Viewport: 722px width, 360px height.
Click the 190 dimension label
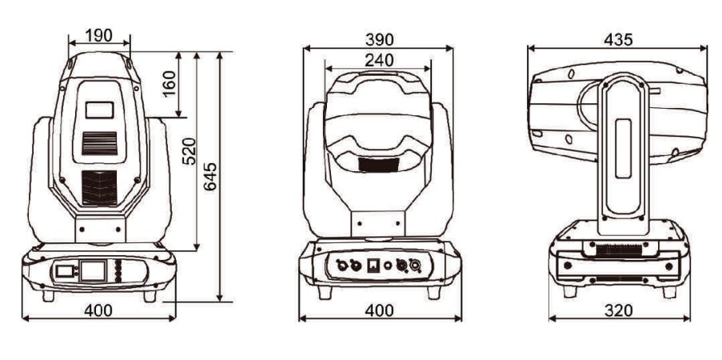pos(99,35)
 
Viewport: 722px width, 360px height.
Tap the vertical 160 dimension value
pos(169,83)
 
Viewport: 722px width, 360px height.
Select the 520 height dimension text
pos(189,151)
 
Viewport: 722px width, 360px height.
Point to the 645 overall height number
pos(210,177)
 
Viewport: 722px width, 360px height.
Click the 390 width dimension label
pos(380,40)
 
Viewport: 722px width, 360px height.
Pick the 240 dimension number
pos(379,60)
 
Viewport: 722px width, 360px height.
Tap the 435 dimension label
pos(618,40)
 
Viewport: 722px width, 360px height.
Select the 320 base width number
pos(618,310)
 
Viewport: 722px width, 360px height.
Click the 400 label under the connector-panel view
pos(380,310)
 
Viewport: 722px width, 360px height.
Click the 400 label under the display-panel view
pos(98,310)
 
